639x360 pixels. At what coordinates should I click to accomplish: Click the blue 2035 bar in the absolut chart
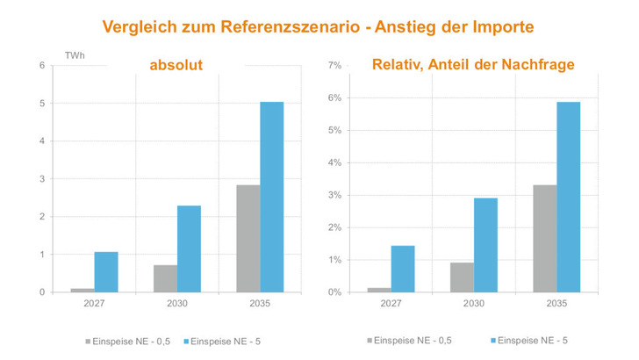(x=271, y=197)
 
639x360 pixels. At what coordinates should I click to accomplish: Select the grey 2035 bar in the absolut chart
(x=248, y=238)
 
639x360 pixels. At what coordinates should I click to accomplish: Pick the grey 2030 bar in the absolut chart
(x=165, y=278)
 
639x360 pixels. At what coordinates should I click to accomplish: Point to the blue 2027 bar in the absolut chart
(x=106, y=271)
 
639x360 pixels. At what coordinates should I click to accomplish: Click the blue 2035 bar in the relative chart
(x=568, y=197)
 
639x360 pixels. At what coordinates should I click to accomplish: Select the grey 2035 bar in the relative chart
(x=544, y=238)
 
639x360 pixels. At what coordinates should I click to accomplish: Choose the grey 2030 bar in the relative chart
(x=462, y=277)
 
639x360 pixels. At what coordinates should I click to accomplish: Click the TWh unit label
(x=75, y=55)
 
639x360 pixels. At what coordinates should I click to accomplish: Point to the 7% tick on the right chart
(x=334, y=66)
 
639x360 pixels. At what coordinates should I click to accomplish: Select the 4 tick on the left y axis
(x=41, y=140)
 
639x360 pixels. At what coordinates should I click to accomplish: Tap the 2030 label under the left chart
(x=176, y=304)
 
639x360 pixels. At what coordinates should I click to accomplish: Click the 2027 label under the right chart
(x=391, y=304)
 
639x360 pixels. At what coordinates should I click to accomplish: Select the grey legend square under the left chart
(x=88, y=339)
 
